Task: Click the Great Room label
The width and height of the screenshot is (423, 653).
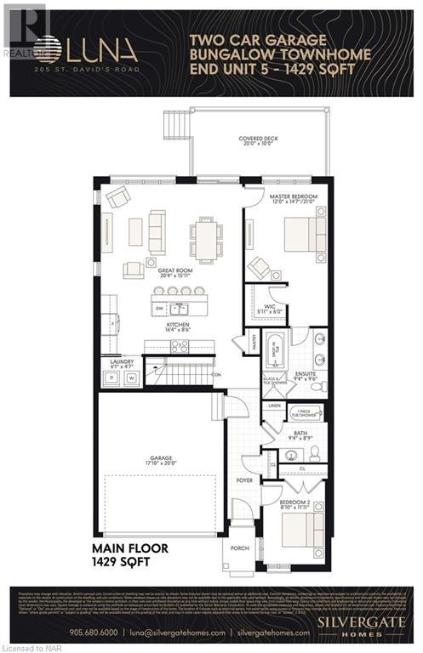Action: click(x=174, y=272)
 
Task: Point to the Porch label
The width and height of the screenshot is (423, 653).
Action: click(x=240, y=549)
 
